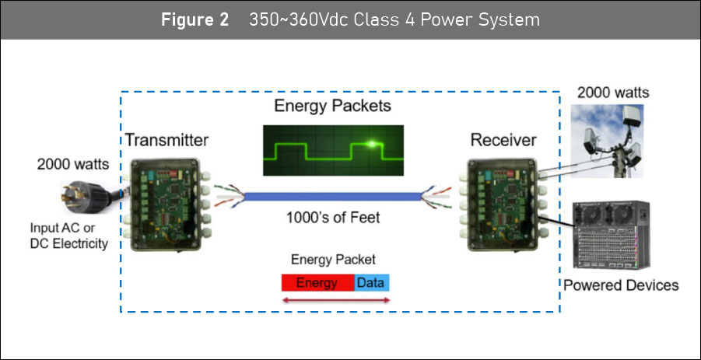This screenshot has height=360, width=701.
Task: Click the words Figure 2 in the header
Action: click(x=195, y=20)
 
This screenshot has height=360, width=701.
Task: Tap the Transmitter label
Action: click(x=166, y=140)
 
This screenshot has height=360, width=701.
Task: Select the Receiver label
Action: click(x=503, y=140)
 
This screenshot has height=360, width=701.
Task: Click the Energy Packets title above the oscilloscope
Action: click(x=333, y=106)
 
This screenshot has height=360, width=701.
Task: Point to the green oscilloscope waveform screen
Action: click(x=333, y=150)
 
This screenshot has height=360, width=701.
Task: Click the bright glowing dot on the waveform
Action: click(x=371, y=144)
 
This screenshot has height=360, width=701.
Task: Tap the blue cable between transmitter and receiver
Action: click(x=333, y=197)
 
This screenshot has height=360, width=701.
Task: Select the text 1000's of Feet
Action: click(x=333, y=218)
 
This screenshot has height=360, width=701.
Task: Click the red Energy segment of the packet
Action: click(x=317, y=283)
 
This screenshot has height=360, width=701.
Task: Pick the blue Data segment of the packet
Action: click(x=372, y=283)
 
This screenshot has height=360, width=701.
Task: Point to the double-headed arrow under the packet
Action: click(x=336, y=301)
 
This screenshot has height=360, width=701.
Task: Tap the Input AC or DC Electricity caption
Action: click(x=68, y=236)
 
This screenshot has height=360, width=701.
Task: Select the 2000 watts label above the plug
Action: click(x=73, y=164)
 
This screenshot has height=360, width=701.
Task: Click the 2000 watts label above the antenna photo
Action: click(x=613, y=93)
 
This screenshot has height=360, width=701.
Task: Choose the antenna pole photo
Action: click(x=607, y=141)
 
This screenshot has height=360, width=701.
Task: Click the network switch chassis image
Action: click(x=612, y=235)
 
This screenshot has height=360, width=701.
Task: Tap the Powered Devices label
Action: click(x=621, y=285)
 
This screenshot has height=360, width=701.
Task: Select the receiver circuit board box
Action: click(x=502, y=204)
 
